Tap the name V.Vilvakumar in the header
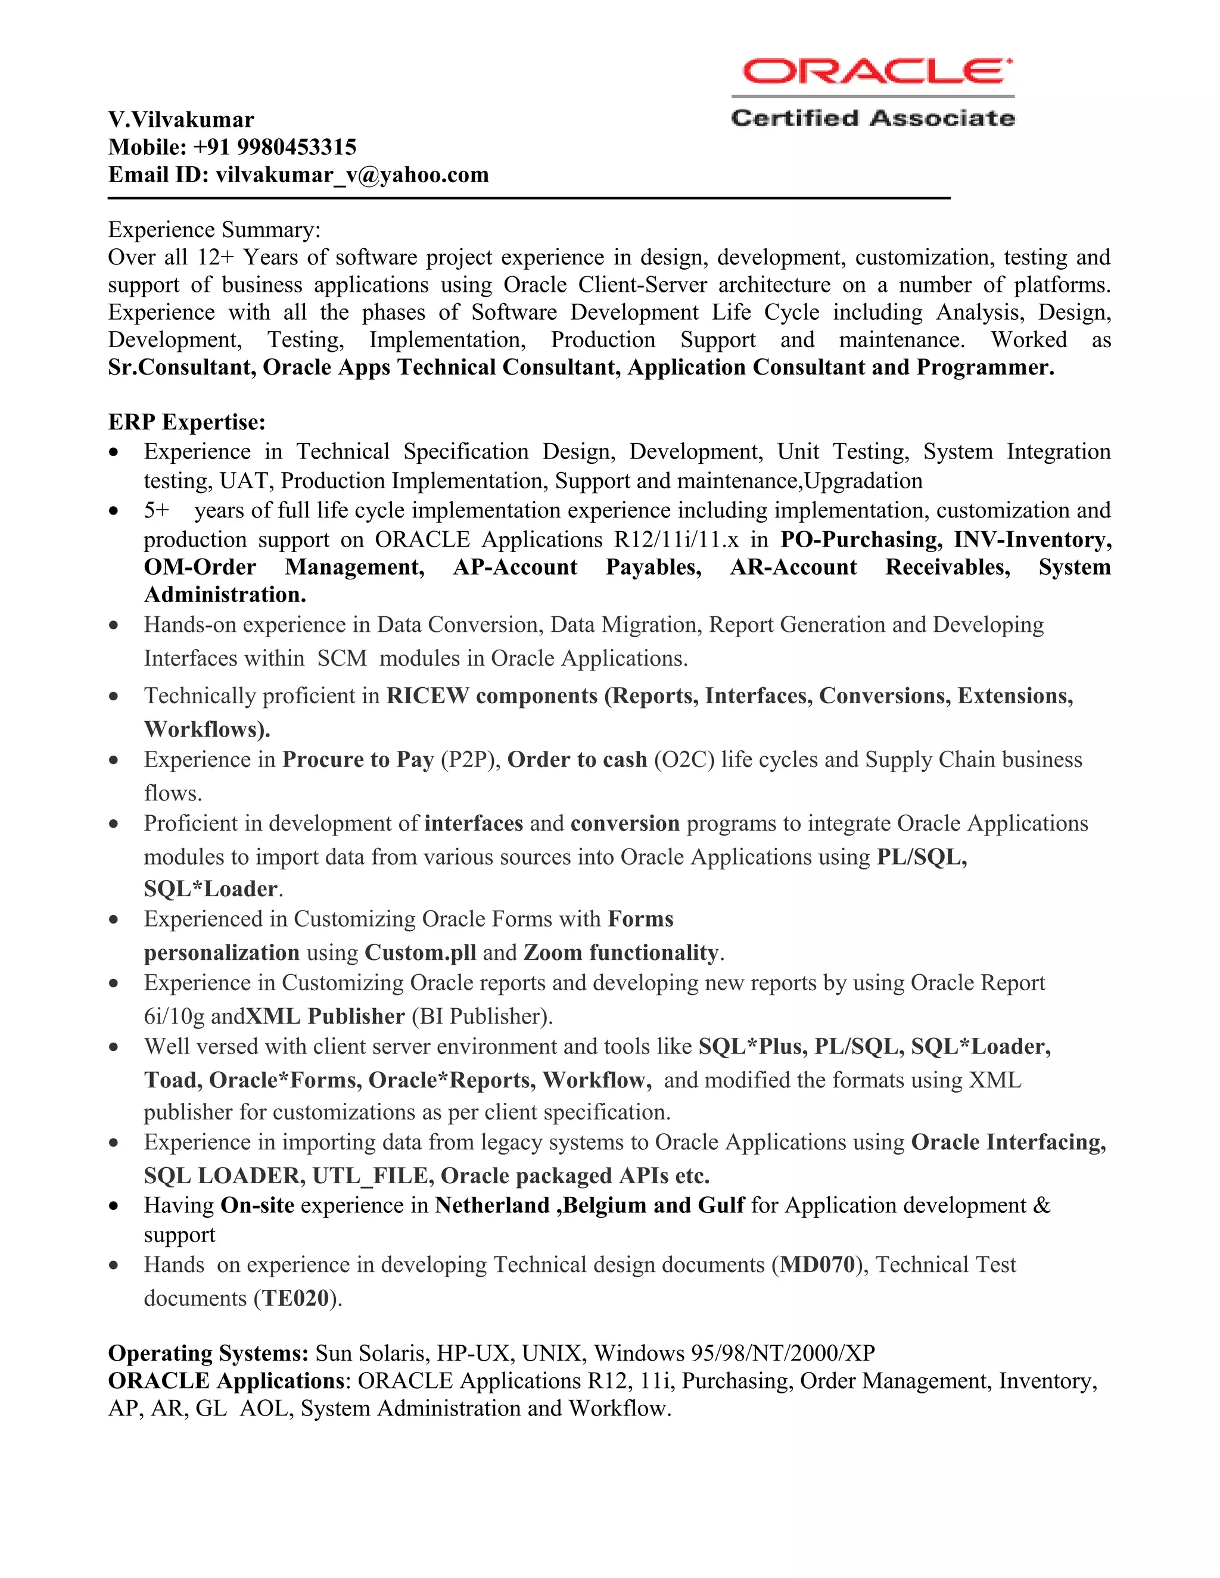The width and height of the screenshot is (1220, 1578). [180, 120]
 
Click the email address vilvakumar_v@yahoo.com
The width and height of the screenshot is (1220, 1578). [352, 175]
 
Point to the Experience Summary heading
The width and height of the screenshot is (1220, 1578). [214, 230]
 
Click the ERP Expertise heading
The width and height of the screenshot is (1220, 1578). [186, 422]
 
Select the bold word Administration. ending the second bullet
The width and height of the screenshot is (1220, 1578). [225, 595]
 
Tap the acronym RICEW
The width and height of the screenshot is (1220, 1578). [427, 696]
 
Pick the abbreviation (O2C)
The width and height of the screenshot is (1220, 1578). [684, 759]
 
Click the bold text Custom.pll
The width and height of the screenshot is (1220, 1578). [420, 952]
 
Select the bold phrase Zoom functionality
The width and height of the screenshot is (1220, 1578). [621, 952]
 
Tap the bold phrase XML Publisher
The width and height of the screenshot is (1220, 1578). [325, 1016]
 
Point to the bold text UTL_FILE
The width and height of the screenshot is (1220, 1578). [373, 1175]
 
